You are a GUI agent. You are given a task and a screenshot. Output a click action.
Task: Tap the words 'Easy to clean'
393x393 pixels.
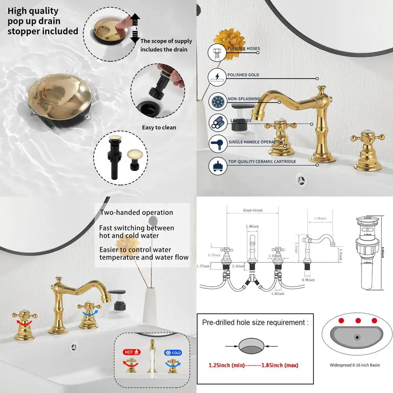point(159,127)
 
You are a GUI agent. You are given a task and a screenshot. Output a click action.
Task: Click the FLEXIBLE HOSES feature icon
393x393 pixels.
point(217,52)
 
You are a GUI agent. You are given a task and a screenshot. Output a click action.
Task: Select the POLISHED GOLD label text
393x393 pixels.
point(243,75)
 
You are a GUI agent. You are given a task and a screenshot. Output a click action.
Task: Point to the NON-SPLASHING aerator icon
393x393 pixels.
point(217,101)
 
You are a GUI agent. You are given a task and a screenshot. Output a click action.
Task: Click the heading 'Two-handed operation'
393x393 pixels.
point(136,213)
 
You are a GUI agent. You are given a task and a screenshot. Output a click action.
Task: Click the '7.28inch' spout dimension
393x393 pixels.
point(320,219)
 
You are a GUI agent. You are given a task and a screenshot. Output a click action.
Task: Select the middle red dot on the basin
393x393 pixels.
point(358,320)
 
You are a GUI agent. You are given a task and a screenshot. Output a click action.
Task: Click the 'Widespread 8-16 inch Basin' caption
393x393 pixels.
point(354,365)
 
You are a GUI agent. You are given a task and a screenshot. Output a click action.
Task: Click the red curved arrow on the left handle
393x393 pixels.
point(19,322)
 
